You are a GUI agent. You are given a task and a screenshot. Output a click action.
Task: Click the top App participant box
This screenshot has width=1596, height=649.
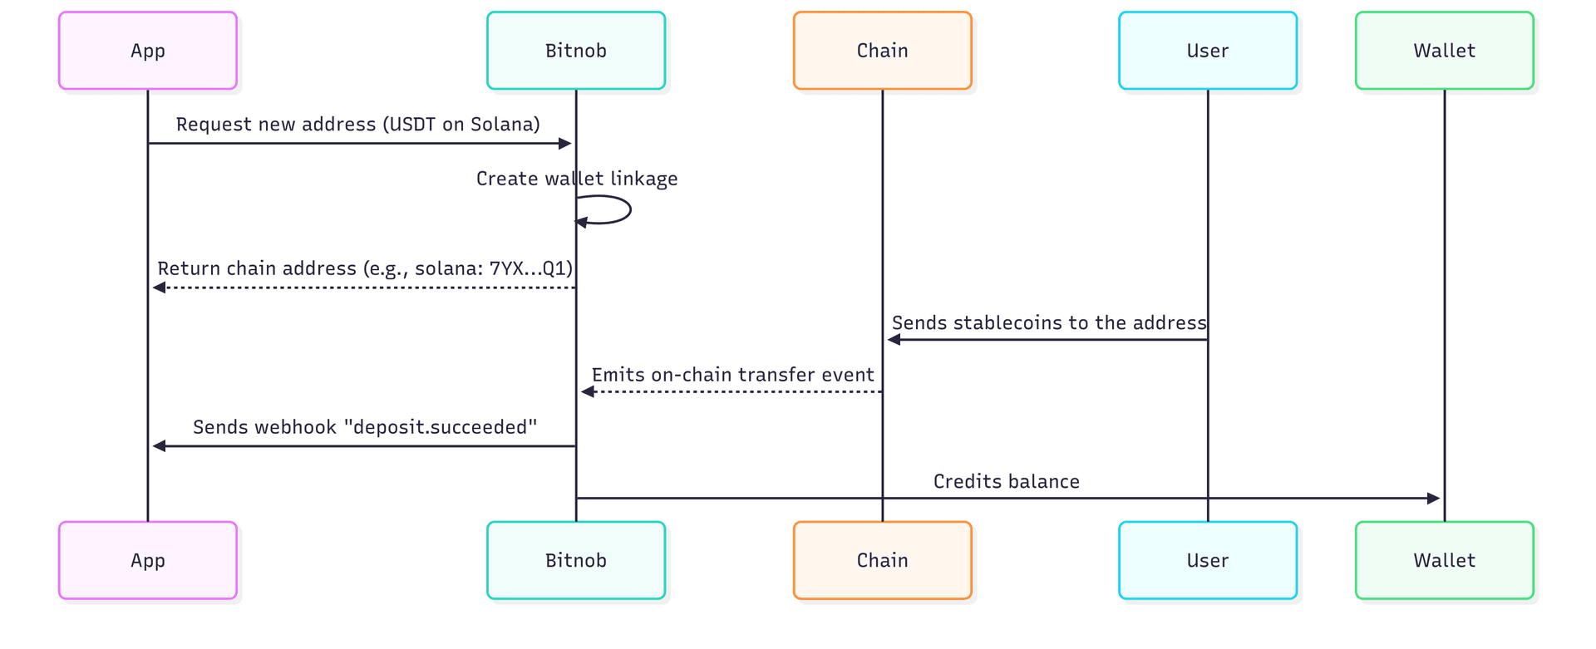[148, 51]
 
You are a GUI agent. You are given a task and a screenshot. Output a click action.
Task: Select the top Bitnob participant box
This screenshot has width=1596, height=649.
[576, 51]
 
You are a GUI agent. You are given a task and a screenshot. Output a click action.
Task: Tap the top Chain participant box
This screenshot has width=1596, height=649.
[882, 51]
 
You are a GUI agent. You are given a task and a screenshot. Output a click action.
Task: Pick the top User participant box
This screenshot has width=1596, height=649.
[1207, 51]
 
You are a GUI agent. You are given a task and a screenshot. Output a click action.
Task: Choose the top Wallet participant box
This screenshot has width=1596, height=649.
[1444, 51]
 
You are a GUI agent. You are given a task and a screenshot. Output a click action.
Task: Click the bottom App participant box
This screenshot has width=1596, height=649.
[148, 560]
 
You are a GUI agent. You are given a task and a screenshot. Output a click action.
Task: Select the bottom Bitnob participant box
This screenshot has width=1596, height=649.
[576, 560]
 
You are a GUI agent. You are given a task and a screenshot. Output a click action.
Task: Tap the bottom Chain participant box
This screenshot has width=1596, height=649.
[882, 560]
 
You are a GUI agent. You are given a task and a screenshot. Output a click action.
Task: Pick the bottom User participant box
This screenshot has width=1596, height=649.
[1207, 560]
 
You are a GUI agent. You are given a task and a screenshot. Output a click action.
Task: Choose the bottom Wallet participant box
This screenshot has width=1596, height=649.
[1444, 560]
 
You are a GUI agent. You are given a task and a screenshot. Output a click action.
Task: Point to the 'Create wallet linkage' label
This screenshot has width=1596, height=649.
[577, 179]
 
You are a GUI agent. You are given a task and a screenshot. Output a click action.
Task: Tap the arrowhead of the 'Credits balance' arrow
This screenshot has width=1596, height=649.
[1433, 499]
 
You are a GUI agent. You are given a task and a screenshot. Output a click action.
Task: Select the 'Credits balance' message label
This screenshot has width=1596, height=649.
[1006, 482]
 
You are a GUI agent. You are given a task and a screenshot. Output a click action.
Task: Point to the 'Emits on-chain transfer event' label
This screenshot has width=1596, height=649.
[732, 375]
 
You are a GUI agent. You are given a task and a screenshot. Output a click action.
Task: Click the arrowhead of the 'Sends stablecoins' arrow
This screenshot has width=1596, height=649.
[894, 339]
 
